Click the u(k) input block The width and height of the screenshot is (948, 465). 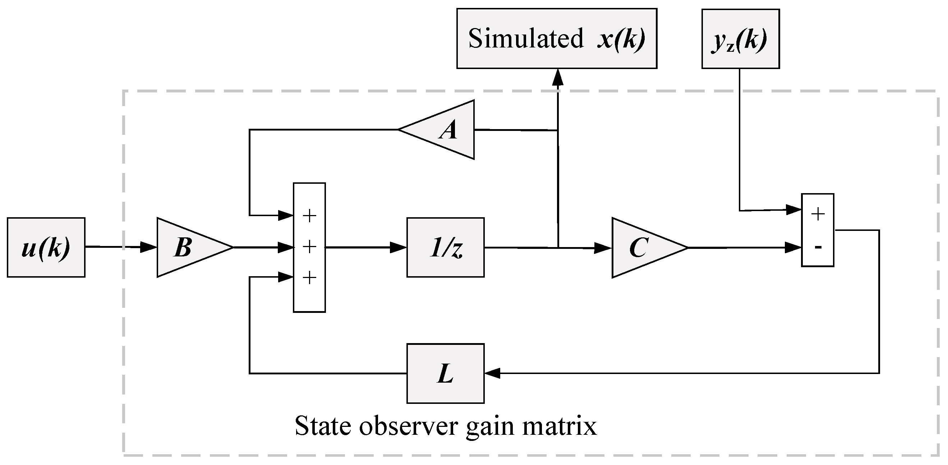click(x=46, y=247)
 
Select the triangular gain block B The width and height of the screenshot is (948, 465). click(x=188, y=247)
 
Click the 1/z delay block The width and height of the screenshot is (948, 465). click(x=445, y=247)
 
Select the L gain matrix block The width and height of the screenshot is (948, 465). click(x=445, y=374)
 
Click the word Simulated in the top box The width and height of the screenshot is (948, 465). click(x=525, y=38)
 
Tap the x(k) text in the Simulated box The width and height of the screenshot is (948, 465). click(x=621, y=38)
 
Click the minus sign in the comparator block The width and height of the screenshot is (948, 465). click(x=818, y=247)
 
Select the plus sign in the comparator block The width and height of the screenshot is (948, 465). click(x=818, y=214)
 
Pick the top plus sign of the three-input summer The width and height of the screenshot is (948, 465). click(x=309, y=216)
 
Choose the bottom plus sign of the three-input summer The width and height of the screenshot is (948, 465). click(x=309, y=278)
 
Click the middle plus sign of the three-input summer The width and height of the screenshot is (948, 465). click(x=309, y=247)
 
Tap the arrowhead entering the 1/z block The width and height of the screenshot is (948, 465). click(x=399, y=247)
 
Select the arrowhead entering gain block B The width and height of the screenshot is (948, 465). click(x=149, y=247)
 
